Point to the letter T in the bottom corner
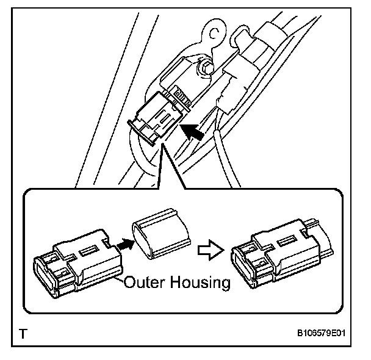click(x=23, y=334)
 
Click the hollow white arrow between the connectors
click(x=209, y=250)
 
